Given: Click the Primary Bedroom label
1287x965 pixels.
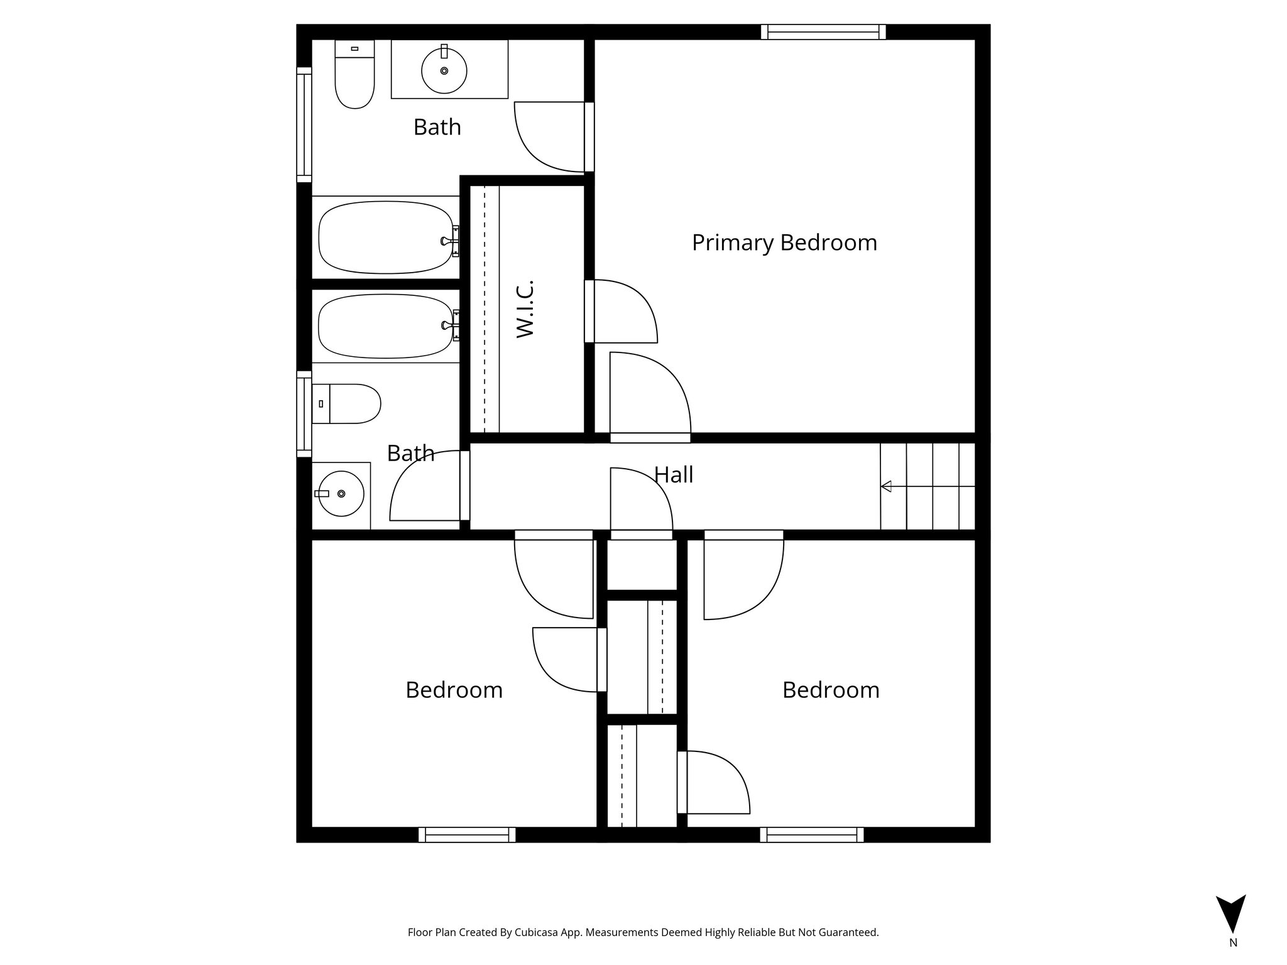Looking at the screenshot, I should coord(784,243).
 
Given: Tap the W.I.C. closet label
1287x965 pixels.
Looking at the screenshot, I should coord(525,309).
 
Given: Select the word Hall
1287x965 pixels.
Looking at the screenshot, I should coord(674,475).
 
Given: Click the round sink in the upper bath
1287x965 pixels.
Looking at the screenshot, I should coord(444,70).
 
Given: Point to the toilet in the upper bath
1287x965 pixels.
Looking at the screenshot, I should coord(355,79).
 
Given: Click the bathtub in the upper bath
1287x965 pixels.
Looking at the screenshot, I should coord(386,237).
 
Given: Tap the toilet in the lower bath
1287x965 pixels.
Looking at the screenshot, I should coord(349,403).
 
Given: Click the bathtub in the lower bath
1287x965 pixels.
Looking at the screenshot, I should coord(386,326).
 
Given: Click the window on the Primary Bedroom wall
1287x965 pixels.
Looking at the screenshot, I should coord(823,32).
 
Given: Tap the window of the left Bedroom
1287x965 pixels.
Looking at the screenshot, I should coord(467,835).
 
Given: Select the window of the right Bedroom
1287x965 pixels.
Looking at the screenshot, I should coord(811,835).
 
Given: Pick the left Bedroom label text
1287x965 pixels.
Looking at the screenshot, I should coord(454,690).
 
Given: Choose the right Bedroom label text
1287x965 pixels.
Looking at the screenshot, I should coord(831,690).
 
